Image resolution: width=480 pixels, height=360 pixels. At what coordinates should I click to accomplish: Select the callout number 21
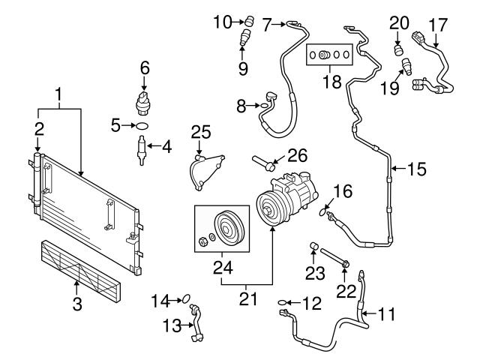(247, 298)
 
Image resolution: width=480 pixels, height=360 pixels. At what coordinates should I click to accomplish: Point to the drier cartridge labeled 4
(142, 149)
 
